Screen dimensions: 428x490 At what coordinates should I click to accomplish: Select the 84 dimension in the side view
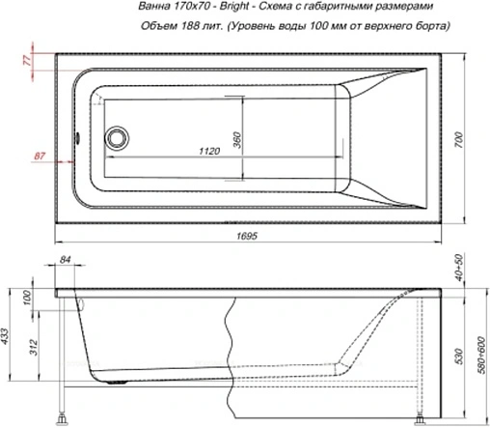(x=66, y=258)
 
